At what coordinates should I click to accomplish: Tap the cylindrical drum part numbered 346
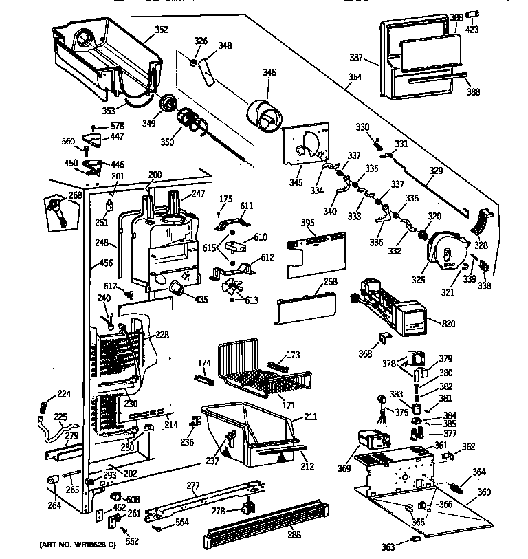point(261,113)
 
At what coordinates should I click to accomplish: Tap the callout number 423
point(473,30)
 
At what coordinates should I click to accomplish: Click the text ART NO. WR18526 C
point(72,545)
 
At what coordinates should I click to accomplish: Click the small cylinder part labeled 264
point(52,479)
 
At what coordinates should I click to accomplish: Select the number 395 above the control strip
point(309,223)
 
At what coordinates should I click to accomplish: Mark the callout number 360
point(484,492)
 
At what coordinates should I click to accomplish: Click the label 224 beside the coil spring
point(64,394)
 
